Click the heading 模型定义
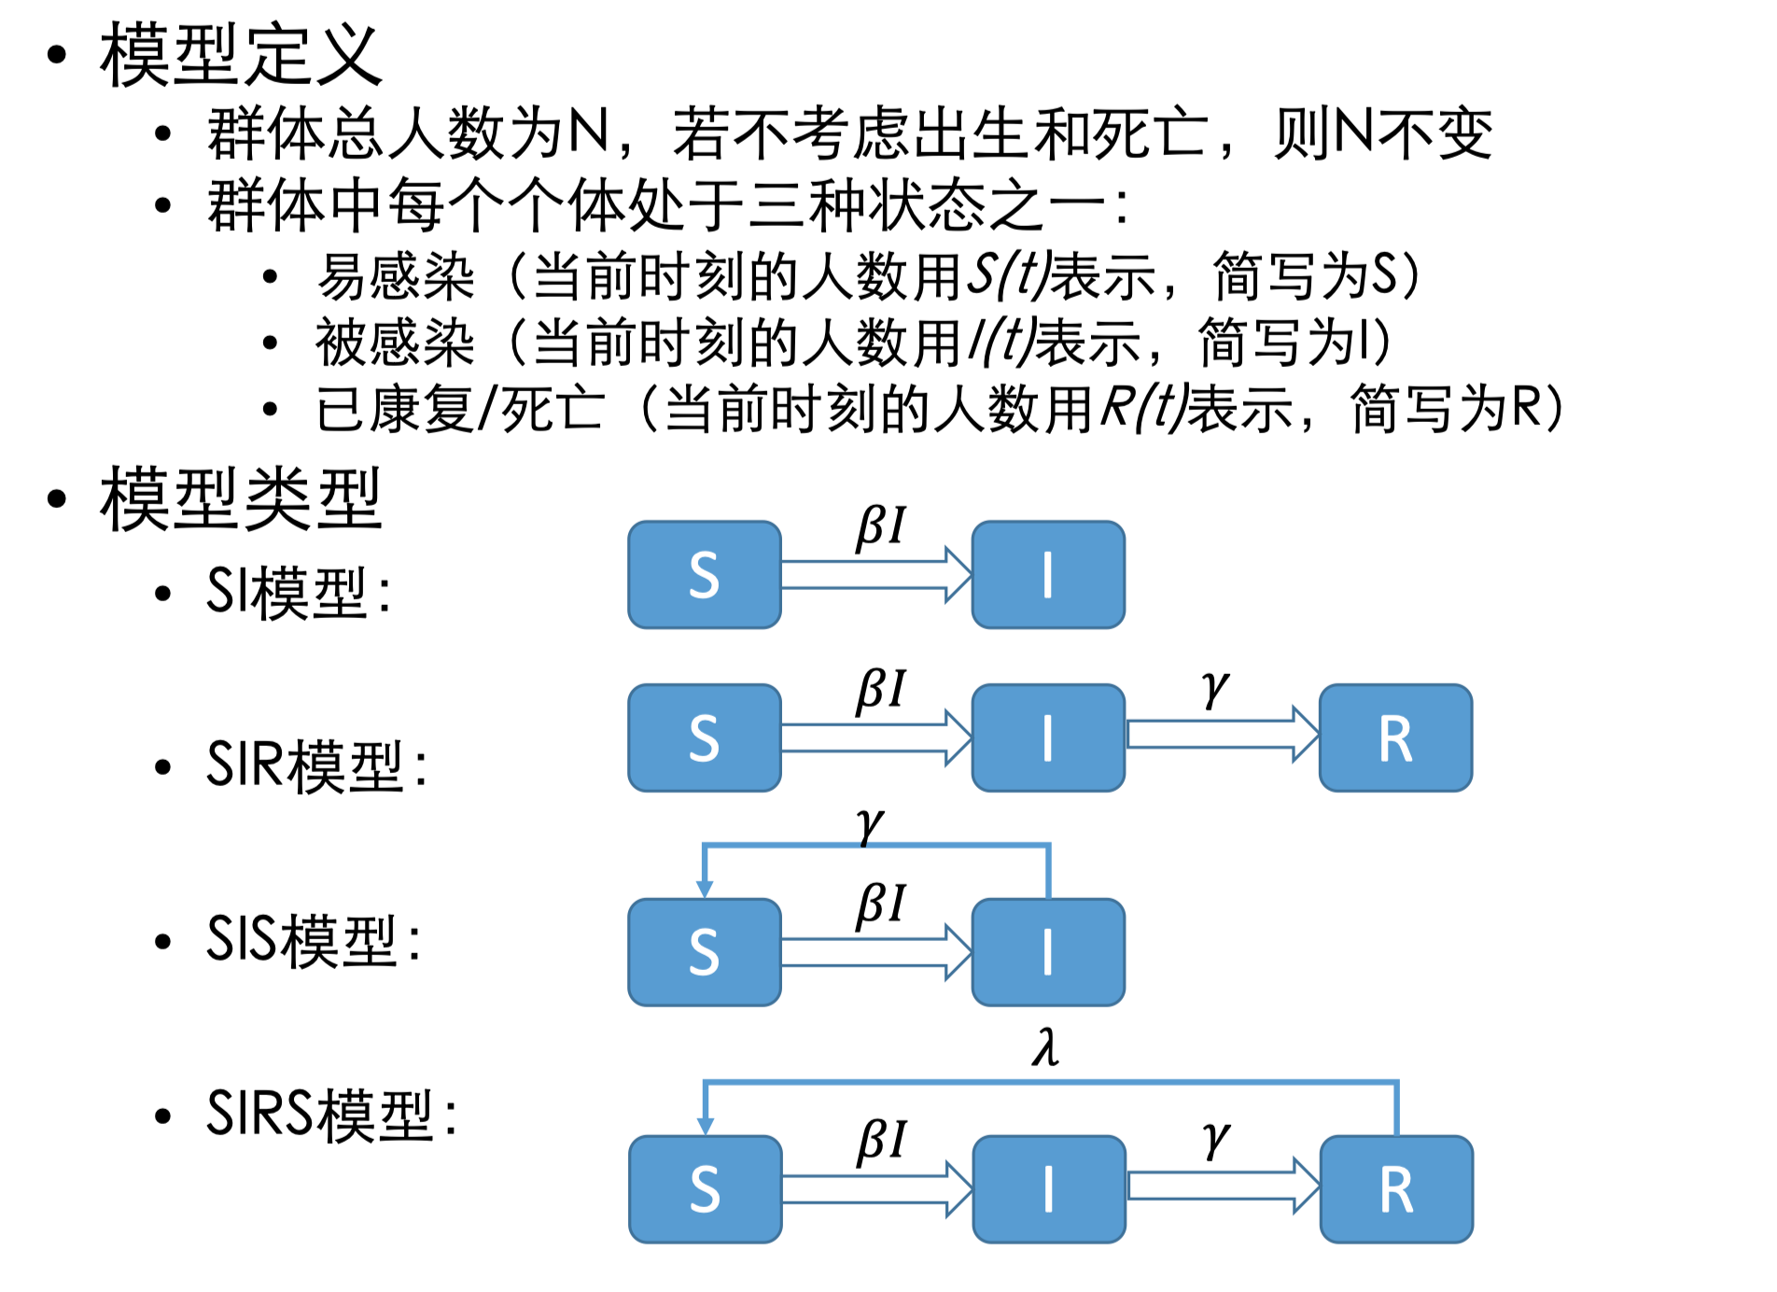coord(241,56)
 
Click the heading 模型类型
coord(241,499)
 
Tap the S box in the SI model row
coord(705,575)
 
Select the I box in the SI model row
coord(1048,575)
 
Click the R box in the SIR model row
coord(1395,738)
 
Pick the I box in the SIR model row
coord(1048,738)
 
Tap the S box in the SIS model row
coord(705,952)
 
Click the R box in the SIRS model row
coord(1396,1189)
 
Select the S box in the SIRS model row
coord(706,1189)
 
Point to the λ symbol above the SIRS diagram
coord(1046,1047)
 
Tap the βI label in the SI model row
coord(881,527)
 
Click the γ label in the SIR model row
coord(1215,688)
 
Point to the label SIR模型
coord(315,765)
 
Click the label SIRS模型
coord(331,1115)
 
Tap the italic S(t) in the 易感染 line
coord(1007,276)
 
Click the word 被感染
coord(395,343)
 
